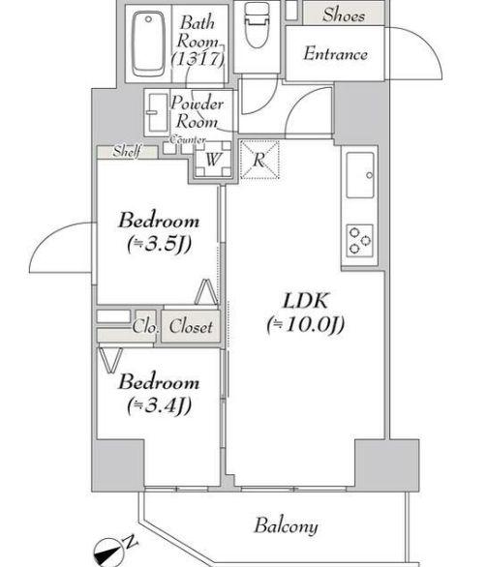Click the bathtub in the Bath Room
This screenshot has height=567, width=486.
(148, 44)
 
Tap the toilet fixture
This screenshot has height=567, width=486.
(257, 24)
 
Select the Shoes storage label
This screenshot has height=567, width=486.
(344, 15)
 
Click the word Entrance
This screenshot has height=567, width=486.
(336, 54)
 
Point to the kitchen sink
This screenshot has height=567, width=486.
(360, 175)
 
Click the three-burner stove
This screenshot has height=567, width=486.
(360, 241)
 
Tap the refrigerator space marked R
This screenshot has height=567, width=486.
(259, 160)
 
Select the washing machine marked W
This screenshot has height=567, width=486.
(213, 159)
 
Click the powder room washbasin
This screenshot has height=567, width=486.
(158, 113)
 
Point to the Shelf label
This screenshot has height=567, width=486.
(127, 151)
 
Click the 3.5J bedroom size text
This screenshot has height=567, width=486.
(159, 245)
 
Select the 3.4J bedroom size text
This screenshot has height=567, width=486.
(159, 406)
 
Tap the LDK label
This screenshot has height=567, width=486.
(306, 301)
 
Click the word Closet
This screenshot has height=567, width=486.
(191, 326)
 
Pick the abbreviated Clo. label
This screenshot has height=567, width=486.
(145, 326)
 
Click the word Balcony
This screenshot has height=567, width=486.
(287, 526)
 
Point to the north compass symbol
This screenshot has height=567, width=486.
(109, 552)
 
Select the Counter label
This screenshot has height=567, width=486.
(188, 139)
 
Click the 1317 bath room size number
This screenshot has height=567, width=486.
(197, 59)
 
